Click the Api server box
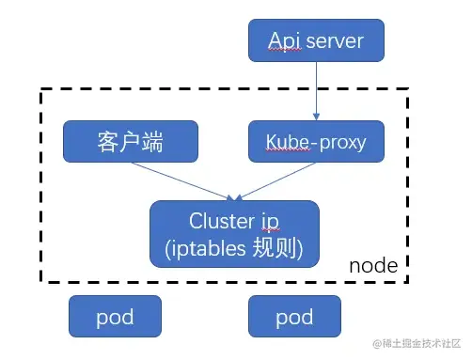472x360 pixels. tap(315, 40)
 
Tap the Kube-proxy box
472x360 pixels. tap(315, 143)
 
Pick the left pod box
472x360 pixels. tap(115, 317)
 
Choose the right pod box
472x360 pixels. tap(293, 317)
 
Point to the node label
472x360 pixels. tap(373, 266)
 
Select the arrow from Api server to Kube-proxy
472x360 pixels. tap(315, 92)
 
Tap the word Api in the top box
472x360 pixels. tap(283, 40)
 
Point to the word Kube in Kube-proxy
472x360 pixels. tap(285, 144)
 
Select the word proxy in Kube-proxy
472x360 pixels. tap(339, 144)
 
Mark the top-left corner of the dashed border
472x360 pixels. tap(40, 90)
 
